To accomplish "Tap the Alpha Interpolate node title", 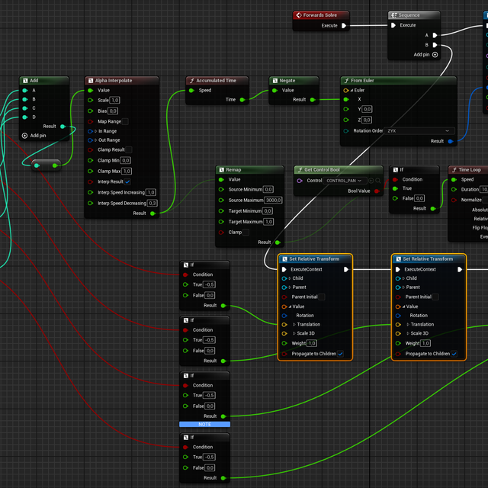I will coord(114,80).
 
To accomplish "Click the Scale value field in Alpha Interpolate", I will coord(115,100).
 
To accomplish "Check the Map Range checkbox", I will coord(125,121).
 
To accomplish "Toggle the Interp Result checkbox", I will coord(127,181).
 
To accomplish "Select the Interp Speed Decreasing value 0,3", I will coord(152,203).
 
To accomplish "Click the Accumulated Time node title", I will coord(216,80).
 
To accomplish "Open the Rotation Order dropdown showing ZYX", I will coord(419,130).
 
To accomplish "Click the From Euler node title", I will coord(368,80).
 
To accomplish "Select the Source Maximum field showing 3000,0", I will coord(274,200).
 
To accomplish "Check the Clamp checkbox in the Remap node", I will coord(246,232).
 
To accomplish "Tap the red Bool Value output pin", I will coord(377,191).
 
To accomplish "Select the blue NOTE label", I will coord(205,424).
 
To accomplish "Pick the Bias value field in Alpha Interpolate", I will coord(113,111).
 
